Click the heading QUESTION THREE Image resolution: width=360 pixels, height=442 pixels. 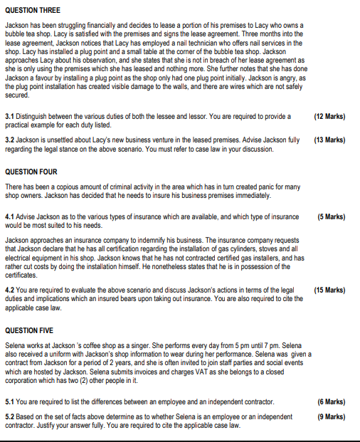33,10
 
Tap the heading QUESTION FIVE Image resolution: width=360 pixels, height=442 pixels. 31,330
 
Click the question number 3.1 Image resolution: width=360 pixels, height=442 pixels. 10,115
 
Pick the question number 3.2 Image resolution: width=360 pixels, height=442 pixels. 10,140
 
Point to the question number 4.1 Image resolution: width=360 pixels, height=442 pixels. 10,216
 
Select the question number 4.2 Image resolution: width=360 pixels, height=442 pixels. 10,290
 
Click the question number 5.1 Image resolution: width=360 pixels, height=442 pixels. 10,402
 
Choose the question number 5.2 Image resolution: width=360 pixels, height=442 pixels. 10,416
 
